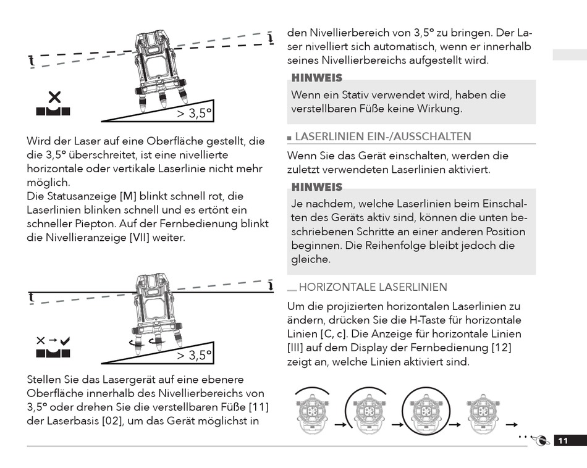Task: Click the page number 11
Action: pyautogui.click(x=563, y=440)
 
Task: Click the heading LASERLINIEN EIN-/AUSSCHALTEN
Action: pyautogui.click(x=383, y=136)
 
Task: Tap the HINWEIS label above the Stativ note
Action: pyautogui.click(x=317, y=78)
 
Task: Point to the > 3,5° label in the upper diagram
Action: pyautogui.click(x=194, y=114)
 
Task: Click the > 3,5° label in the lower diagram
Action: pyautogui.click(x=194, y=355)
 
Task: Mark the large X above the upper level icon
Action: pyautogui.click(x=54, y=97)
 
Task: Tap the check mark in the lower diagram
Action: pyautogui.click(x=65, y=340)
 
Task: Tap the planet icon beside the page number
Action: pyautogui.click(x=540, y=441)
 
